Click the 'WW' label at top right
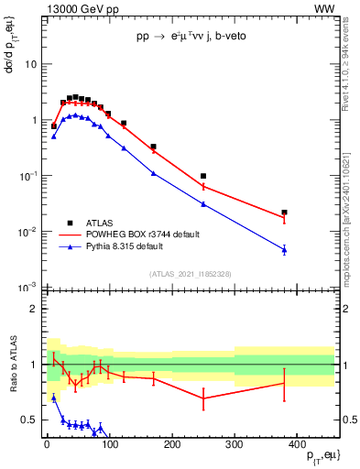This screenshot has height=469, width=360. (324, 8)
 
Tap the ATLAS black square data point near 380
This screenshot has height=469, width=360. (285, 213)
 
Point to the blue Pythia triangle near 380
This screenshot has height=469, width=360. (285, 249)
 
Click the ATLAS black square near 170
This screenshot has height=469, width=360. (153, 147)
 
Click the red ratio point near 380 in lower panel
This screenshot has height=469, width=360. (285, 383)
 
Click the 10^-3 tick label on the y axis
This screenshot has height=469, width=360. (27, 288)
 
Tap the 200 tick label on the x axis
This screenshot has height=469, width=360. (171, 444)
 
